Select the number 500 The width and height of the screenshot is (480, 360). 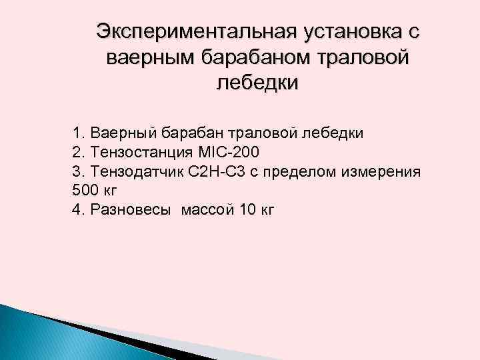[x=85, y=191]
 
